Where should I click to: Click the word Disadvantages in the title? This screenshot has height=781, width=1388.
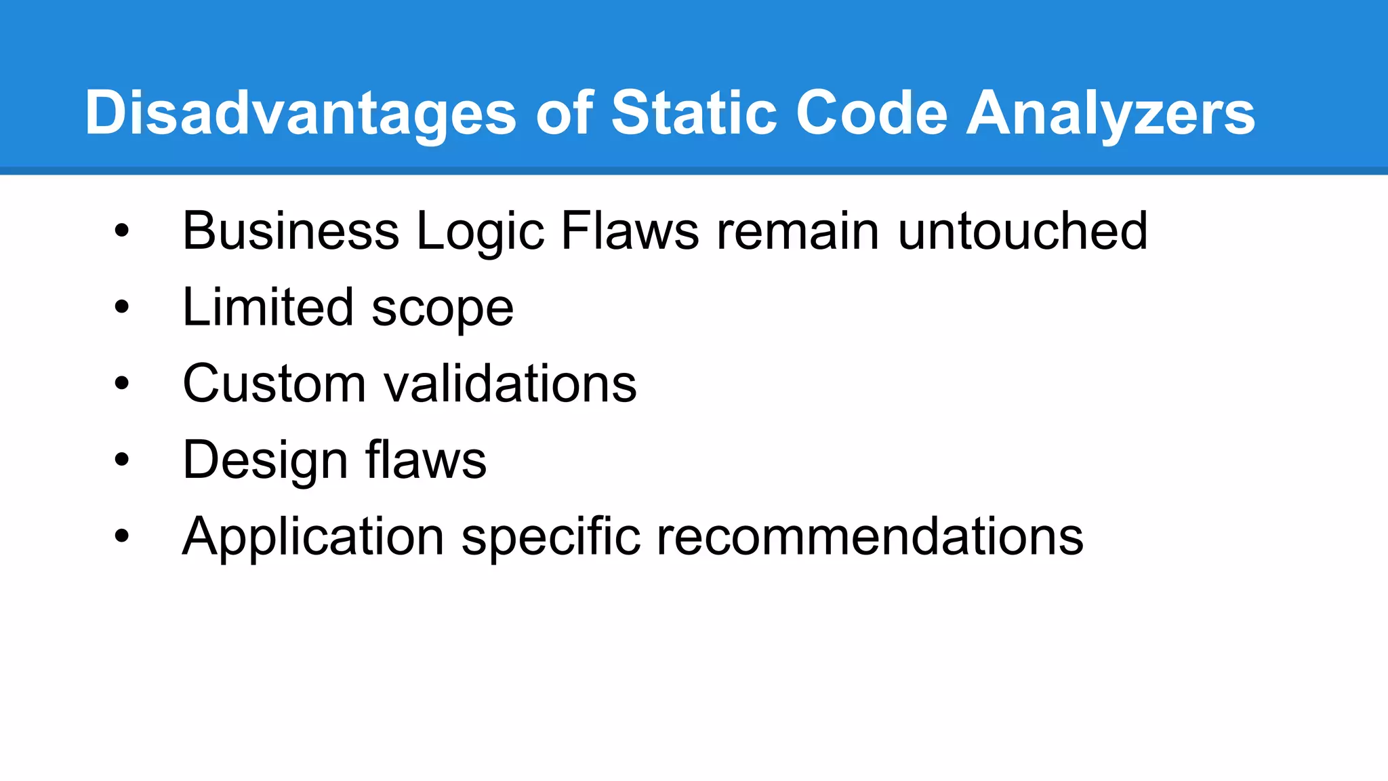tap(300, 113)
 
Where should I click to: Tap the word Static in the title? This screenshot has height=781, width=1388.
tap(693, 113)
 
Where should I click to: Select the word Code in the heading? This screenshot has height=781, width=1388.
tap(871, 113)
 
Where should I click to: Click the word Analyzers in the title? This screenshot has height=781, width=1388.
tap(1110, 113)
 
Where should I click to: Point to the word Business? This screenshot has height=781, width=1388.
tap(291, 231)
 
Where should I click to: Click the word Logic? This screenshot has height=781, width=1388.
tap(480, 231)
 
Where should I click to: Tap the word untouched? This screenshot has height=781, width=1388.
tap(1023, 231)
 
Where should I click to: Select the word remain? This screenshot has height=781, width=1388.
tap(798, 231)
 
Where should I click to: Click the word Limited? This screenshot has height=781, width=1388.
tap(268, 307)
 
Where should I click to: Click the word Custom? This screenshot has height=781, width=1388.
tap(274, 384)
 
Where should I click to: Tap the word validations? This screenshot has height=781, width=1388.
tap(510, 384)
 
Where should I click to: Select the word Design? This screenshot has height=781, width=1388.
tap(264, 460)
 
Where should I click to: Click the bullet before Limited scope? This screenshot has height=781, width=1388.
tap(121, 307)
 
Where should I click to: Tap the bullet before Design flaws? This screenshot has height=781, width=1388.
tap(121, 460)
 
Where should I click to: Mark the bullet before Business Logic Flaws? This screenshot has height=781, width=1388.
tap(121, 231)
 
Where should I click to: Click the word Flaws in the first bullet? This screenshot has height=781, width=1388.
tap(630, 231)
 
